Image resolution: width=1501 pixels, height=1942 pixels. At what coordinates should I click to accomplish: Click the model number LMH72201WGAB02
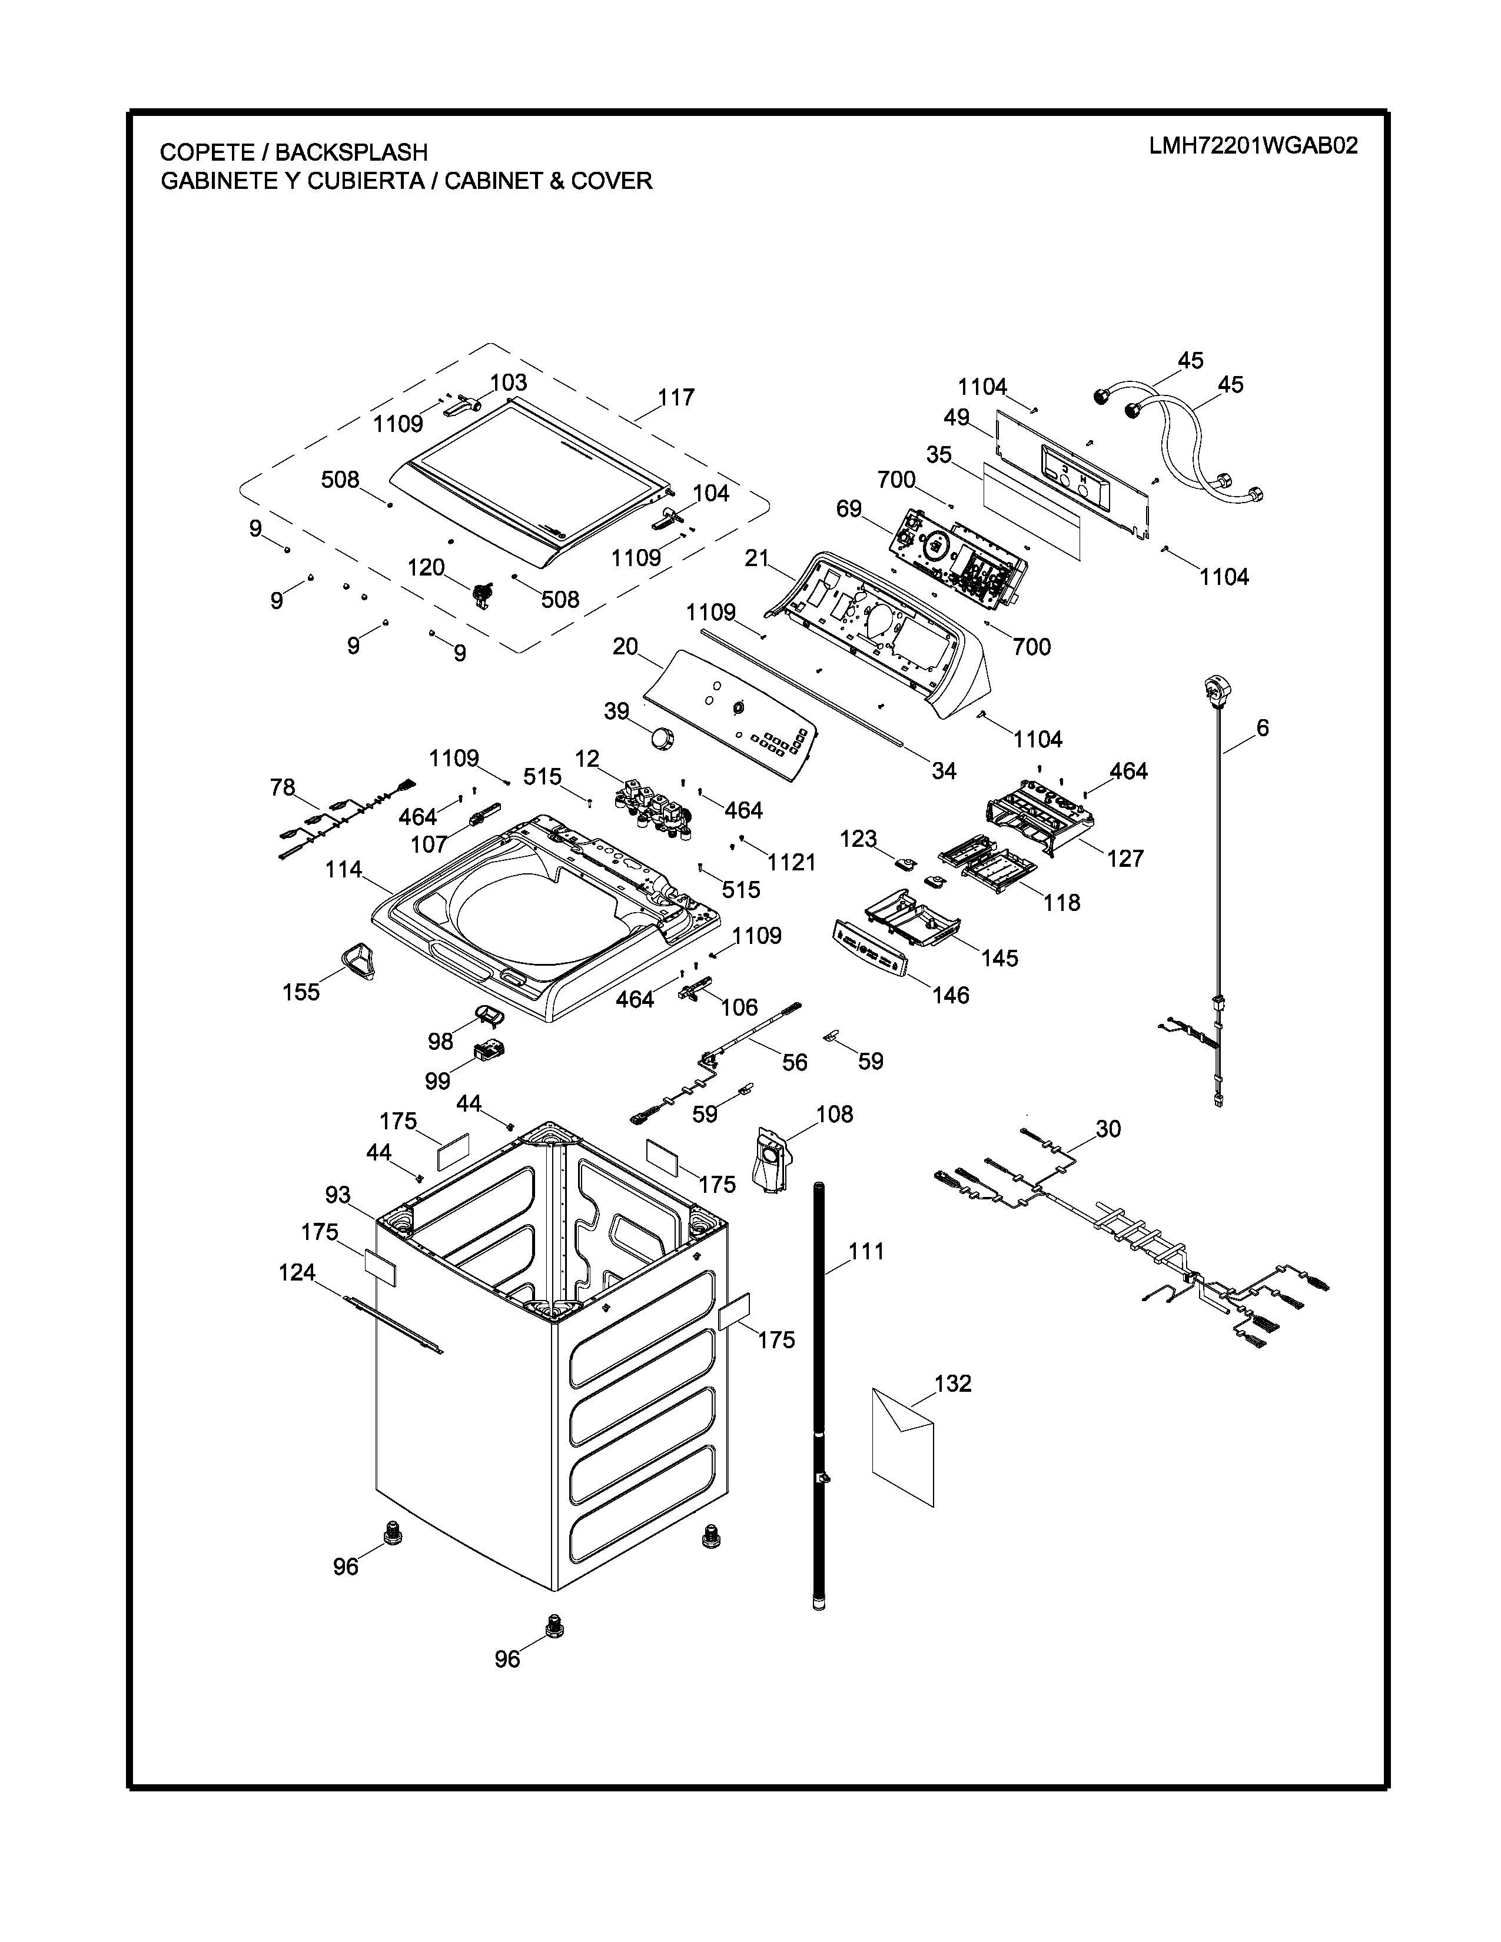click(x=1253, y=146)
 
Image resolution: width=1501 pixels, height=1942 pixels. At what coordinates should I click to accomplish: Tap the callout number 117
click(x=676, y=397)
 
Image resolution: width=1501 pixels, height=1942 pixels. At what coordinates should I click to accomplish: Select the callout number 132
click(x=952, y=1384)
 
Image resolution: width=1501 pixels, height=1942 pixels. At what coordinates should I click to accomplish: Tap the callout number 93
click(x=338, y=1195)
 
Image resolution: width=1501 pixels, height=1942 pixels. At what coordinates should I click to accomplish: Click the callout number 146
click(x=951, y=995)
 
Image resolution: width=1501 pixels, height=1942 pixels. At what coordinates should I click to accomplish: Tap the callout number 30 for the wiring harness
click(x=1108, y=1129)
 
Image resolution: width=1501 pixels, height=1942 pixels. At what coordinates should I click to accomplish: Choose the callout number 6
click(x=1262, y=729)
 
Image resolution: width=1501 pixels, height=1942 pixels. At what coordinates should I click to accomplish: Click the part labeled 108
click(x=770, y=1159)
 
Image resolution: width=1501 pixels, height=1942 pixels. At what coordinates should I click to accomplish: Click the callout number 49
click(x=957, y=417)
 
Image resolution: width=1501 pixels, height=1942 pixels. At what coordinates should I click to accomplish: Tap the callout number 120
click(x=426, y=567)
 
